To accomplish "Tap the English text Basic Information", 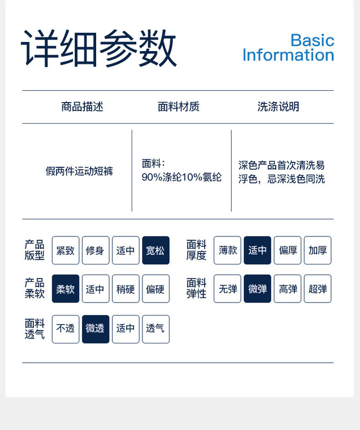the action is point(288,48).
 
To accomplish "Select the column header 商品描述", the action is point(82,106).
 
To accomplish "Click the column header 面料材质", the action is point(178,106).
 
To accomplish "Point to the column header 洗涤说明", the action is point(278,106).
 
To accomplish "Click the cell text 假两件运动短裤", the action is point(79,172).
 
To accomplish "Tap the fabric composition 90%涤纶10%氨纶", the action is point(181,177).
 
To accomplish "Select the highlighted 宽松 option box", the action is point(156,250).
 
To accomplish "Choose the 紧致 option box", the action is point(66,250).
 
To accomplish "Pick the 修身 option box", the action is point(96,250).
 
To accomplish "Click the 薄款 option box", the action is point(227,250).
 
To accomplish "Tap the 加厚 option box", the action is point(318,250).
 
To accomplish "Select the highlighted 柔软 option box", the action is point(66,289).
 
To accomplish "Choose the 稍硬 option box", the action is point(126,289).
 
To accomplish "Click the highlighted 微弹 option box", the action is point(257,289).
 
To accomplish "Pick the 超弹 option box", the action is point(318,289).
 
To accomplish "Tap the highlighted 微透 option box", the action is point(96,328).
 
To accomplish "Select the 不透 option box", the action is point(66,328).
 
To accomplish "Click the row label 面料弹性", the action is point(196,289).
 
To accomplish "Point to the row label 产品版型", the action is point(34,250).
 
